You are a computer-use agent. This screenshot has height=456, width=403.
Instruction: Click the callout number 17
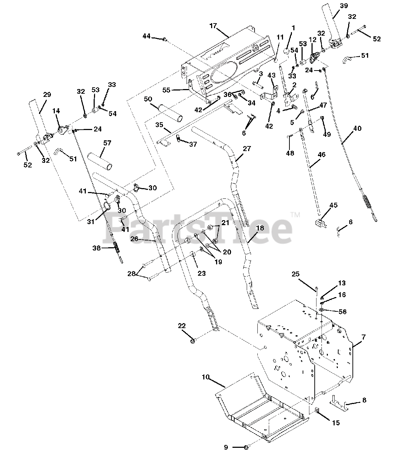[213, 26]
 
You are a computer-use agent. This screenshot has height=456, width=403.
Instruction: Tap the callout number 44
[147, 36]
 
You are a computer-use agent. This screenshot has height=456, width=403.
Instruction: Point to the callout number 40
[357, 128]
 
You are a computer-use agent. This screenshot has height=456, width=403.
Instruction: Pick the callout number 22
[182, 326]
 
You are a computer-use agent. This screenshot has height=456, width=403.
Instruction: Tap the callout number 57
[107, 143]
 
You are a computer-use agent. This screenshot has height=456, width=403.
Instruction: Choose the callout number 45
[333, 206]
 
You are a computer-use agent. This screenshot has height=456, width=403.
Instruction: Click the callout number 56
[342, 311]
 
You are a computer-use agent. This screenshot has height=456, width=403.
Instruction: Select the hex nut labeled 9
[247, 447]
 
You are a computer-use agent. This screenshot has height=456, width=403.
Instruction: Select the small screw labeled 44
[165, 39]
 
